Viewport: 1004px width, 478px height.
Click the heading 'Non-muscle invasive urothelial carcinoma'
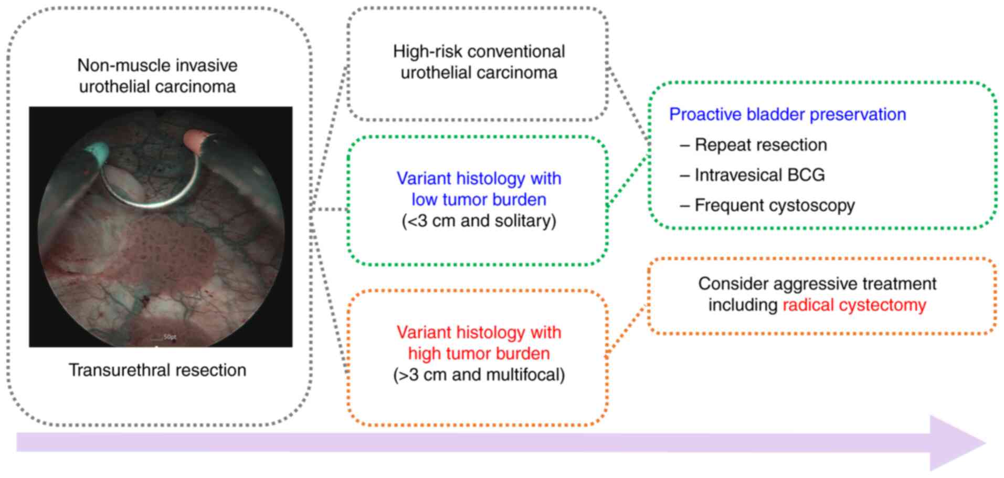pyautogui.click(x=157, y=76)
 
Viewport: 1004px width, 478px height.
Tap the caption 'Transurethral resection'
pyautogui.click(x=157, y=370)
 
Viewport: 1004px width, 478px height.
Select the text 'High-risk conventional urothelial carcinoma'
pyautogui.click(x=479, y=62)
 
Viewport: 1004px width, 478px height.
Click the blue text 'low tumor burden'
pyautogui.click(x=479, y=200)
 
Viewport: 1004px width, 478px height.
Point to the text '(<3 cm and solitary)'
pyautogui.click(x=479, y=221)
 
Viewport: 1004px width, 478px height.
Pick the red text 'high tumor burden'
pyautogui.click(x=479, y=354)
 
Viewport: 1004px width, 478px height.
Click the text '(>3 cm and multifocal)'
pyautogui.click(x=479, y=375)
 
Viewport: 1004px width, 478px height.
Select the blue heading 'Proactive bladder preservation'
pyautogui.click(x=787, y=115)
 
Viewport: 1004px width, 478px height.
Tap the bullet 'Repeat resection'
pyautogui.click(x=760, y=145)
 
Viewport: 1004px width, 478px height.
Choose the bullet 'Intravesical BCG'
pyautogui.click(x=759, y=175)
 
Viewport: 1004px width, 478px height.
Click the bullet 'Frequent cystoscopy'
pyautogui.click(x=775, y=205)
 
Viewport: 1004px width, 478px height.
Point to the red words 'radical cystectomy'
pyautogui.click(x=854, y=305)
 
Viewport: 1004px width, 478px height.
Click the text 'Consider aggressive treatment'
pyautogui.click(x=817, y=284)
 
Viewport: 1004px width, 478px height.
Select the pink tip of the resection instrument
pyautogui.click(x=198, y=141)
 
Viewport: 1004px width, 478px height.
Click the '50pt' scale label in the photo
pyautogui.click(x=170, y=337)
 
